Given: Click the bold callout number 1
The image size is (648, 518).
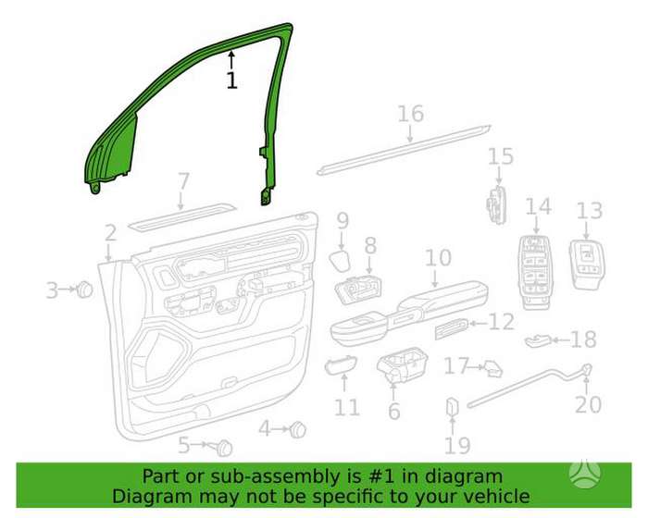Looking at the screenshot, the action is [x=232, y=80].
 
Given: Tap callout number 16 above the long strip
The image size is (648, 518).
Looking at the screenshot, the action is [x=411, y=114].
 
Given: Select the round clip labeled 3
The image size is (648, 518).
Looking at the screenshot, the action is [x=85, y=290].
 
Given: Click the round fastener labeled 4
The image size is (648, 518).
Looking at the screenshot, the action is [x=297, y=430].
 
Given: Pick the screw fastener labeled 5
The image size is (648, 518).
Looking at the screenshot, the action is [x=224, y=448].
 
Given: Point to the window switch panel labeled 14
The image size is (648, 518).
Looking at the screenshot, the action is [x=536, y=273].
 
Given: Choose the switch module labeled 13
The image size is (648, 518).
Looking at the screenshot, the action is [x=587, y=264].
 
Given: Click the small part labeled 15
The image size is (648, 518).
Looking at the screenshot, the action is [x=497, y=204].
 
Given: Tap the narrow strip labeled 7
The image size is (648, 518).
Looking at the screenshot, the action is [x=182, y=216].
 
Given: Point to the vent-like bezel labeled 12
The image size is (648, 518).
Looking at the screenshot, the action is [x=452, y=329].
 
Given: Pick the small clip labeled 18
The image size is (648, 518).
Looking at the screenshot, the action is [x=539, y=340].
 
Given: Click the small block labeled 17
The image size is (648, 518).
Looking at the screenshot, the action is [x=492, y=369].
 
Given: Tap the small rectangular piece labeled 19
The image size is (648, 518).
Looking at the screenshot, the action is [x=453, y=407].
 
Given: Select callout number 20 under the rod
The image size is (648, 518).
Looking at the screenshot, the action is [x=588, y=404].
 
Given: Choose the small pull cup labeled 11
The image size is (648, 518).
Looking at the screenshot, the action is [x=341, y=365].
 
